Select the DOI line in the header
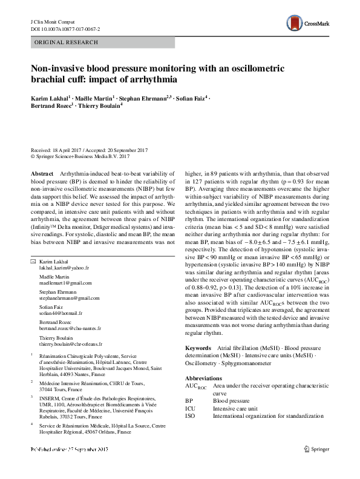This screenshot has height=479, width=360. click(x=65, y=29)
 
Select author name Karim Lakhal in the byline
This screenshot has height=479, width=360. click(x=50, y=97)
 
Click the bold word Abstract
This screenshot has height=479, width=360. click(x=42, y=173)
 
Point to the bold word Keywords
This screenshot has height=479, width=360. click(x=198, y=349)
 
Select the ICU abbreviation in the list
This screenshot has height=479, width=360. click(x=191, y=408)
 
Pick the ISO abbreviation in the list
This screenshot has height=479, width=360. click(x=191, y=416)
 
